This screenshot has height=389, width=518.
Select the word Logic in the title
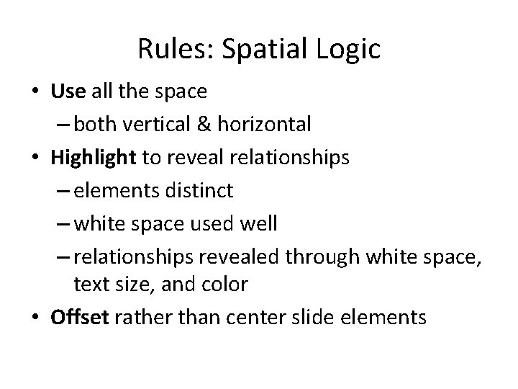347,50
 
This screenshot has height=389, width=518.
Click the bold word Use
68,92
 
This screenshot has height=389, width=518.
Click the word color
224,285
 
